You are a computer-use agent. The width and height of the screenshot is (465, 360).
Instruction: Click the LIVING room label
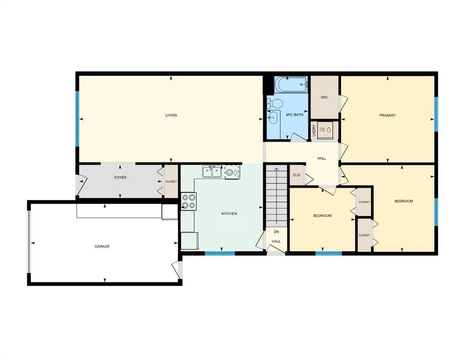pos(171,115)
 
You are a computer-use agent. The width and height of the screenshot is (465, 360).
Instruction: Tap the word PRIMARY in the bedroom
pos(387,115)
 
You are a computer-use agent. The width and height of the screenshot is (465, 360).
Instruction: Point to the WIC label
pos(324,97)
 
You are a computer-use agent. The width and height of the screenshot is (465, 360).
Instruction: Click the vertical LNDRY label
pos(314,131)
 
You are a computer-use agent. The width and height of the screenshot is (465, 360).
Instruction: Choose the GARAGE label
pos(102,246)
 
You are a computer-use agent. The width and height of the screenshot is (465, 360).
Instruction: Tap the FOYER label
pos(120,178)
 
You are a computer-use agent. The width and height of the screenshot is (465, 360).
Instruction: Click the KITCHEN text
pos(229,214)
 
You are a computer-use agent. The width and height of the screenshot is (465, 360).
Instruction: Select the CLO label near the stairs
pos(296,175)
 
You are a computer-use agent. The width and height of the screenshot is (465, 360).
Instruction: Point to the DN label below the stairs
pos(276,232)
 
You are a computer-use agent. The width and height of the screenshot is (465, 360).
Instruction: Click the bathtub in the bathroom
pos(291,85)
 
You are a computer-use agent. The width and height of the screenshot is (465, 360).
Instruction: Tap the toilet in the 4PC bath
pos(274,103)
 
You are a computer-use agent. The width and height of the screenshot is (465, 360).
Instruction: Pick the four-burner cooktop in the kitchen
pos(188,202)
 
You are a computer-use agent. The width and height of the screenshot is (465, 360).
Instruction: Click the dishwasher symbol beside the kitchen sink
pos(232,172)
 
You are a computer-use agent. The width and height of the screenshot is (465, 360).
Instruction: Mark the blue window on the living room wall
pos(77,118)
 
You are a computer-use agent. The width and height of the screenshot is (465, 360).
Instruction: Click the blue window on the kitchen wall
pos(220,254)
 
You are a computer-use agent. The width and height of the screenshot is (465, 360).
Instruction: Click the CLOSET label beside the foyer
pos(171,182)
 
